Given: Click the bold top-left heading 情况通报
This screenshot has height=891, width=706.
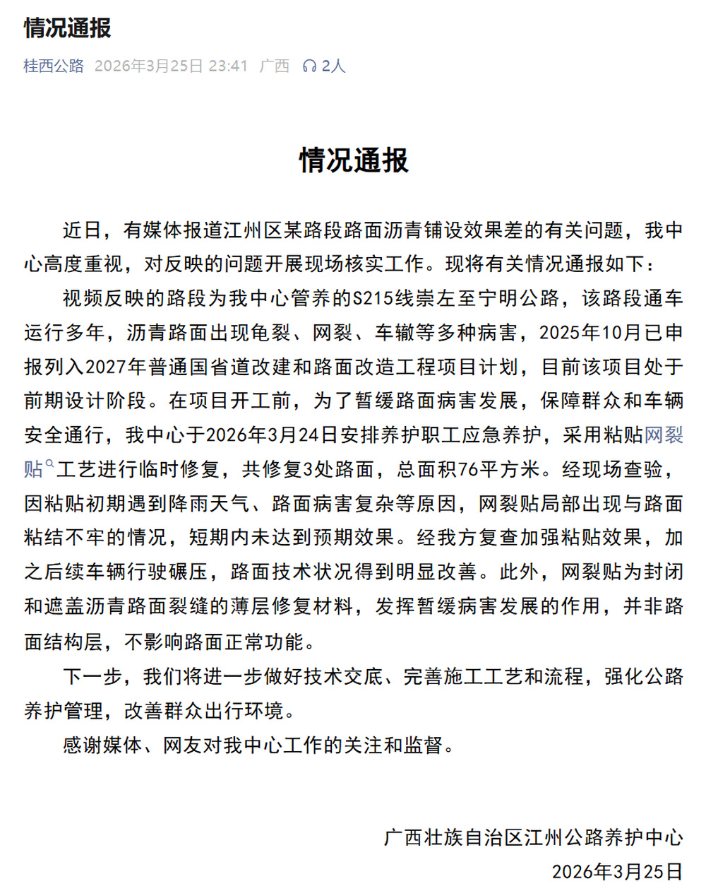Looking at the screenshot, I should pos(68,28).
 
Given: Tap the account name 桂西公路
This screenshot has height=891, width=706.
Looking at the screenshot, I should pos(54,66).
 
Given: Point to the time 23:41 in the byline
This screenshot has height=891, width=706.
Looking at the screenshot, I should pos(228,66).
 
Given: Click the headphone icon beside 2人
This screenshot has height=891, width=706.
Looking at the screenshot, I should pos(309,66).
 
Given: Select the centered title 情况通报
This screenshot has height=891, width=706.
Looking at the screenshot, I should pos(354,160).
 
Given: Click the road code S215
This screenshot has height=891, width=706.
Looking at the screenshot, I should pos(373,298).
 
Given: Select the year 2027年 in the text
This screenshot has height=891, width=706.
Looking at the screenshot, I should pos(116,367).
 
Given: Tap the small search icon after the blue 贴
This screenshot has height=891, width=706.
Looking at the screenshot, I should pos(49,464).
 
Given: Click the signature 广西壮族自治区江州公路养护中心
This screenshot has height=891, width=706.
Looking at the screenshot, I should pos(534,837).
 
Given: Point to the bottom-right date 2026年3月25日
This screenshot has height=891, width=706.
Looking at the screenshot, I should pos(617,871).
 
